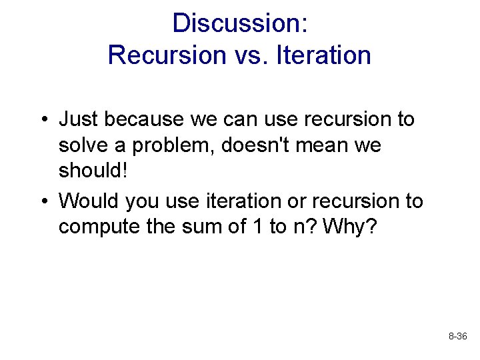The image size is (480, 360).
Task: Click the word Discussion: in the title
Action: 239,23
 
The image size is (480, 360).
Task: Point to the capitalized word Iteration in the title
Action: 320,55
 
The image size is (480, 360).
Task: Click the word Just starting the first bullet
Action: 77,120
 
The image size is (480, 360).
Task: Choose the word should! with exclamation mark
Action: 92,171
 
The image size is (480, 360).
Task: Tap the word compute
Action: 98,227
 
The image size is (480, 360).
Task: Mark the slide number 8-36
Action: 457,337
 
